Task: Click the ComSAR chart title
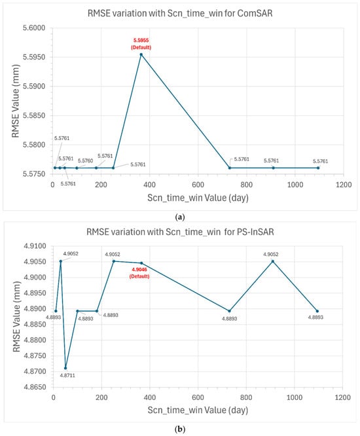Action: point(180,13)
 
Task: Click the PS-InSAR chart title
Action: point(180,232)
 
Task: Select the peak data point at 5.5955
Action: point(141,54)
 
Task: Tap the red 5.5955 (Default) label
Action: point(141,44)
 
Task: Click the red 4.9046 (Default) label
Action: point(139,273)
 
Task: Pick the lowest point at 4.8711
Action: point(65,368)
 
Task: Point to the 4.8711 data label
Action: point(67,375)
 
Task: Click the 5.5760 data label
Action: point(85,161)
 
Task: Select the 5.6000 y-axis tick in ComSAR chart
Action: point(34,27)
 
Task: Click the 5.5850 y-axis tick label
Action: point(34,115)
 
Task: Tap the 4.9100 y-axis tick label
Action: point(35,246)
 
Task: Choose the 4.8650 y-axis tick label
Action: point(35,387)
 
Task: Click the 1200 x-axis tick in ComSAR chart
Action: point(344,185)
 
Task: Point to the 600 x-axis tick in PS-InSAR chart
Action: point(198,397)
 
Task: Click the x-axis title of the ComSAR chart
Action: point(198,198)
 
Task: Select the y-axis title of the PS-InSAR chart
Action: point(16,316)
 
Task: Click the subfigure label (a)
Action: point(180,217)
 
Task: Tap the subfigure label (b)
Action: point(180,429)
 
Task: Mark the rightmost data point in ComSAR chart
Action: point(318,168)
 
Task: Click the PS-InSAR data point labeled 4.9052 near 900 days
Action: point(273,261)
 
